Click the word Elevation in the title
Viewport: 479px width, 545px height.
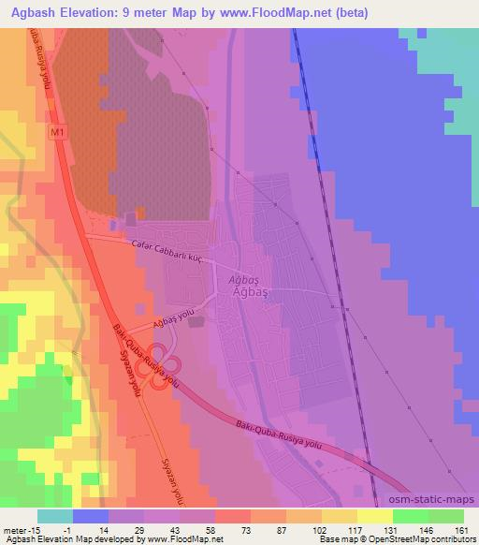(x=102, y=13)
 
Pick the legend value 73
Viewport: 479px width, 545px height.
(x=220, y=529)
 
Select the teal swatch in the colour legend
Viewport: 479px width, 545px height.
(x=54, y=516)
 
